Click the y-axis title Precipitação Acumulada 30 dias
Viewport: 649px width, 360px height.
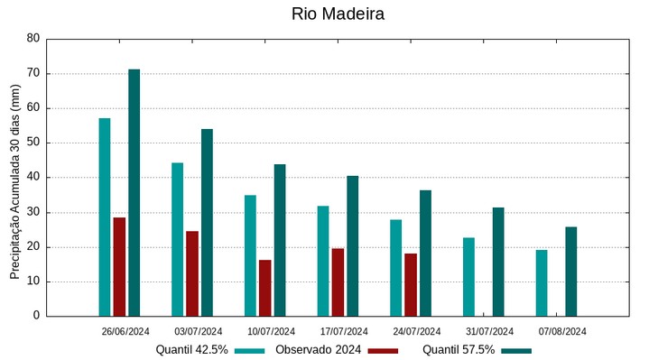coord(14,181)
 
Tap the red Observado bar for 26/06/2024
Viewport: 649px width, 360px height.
coord(119,266)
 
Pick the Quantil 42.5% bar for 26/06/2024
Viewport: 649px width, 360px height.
coord(105,217)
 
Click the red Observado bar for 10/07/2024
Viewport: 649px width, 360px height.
coord(265,288)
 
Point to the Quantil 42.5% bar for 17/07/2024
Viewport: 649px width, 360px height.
coord(323,261)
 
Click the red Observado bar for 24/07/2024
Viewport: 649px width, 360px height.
coord(411,284)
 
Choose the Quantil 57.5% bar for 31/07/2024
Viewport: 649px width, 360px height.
coord(498,262)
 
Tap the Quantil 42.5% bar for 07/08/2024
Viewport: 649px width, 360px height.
coord(542,282)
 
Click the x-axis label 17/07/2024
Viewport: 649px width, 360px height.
coord(344,331)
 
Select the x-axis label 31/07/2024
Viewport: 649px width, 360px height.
coord(489,331)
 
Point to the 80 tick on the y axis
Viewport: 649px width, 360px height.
coord(33,39)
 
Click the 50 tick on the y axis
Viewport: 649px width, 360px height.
coord(33,143)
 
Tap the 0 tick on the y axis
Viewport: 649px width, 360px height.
coord(36,316)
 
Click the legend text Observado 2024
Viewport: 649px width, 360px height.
coord(318,350)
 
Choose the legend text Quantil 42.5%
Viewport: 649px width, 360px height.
coord(191,350)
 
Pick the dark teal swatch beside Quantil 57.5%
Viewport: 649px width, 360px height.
coord(516,350)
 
